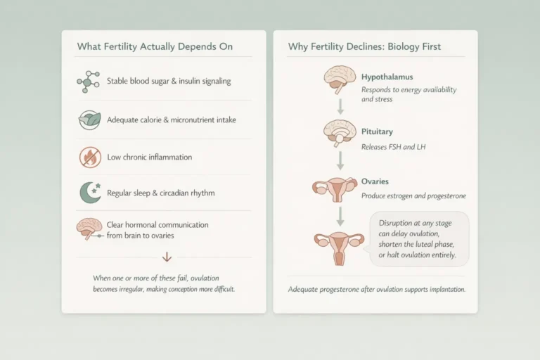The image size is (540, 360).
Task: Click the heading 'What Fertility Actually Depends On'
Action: (154, 47)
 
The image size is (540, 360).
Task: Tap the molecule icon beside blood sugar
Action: (89, 82)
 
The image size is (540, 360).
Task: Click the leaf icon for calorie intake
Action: (89, 120)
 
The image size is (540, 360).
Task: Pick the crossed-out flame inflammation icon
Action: (90, 157)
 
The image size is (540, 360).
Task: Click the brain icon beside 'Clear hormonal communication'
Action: (88, 228)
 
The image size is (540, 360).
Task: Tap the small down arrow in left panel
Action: (167, 257)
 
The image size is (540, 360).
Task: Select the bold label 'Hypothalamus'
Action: (386, 77)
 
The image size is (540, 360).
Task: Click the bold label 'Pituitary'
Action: (377, 131)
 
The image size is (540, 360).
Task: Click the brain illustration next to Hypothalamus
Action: (339, 79)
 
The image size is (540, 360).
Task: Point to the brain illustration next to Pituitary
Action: (339, 134)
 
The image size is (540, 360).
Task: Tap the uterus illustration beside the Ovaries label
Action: (335, 188)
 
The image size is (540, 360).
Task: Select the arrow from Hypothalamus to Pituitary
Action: (340, 106)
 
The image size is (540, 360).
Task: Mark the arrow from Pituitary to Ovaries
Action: (340, 160)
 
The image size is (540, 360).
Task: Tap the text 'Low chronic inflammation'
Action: (149, 157)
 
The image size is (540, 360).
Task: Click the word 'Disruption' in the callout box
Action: (395, 222)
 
